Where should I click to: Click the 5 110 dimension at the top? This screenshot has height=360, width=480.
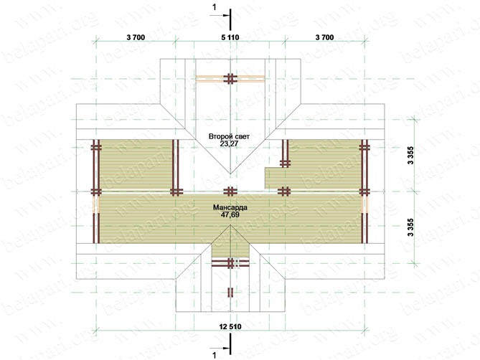230,37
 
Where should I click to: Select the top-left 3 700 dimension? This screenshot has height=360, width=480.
136,37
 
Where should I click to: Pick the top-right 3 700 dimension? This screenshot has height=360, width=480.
324,37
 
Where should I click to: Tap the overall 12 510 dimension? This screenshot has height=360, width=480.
230,327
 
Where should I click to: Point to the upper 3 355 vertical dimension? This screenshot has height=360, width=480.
410,156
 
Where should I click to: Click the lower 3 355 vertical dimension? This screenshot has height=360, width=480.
410,227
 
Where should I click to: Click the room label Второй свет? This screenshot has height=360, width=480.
229,136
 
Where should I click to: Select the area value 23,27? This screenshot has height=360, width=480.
229,143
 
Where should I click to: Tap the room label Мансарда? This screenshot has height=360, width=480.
230,208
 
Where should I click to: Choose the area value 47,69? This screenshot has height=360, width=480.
230,214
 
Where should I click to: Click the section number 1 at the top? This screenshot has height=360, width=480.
215,7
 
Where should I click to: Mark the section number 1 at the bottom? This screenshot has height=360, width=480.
215,355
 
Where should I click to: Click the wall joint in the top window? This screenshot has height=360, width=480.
230,79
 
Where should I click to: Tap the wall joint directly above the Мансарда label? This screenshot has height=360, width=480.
230,191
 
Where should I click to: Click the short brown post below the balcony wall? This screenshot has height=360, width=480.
230,292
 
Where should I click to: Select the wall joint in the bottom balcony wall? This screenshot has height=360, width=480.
230,263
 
